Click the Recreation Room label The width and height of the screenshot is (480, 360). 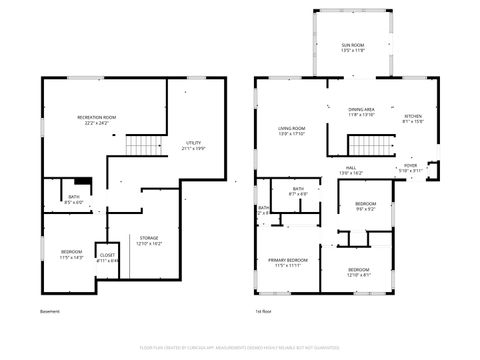[97, 119]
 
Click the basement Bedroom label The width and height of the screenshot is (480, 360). [71, 253]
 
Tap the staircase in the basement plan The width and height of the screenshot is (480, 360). [143, 146]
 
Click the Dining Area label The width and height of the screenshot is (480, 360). [361, 112]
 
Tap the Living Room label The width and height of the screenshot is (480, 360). [291, 130]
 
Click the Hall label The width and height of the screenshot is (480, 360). [351, 170]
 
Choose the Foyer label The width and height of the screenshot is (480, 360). [410, 168]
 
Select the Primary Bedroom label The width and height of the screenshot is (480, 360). [288, 262]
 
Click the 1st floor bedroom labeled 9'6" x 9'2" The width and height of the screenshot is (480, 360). [365, 206]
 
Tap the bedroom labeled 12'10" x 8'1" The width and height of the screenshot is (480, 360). [358, 272]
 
